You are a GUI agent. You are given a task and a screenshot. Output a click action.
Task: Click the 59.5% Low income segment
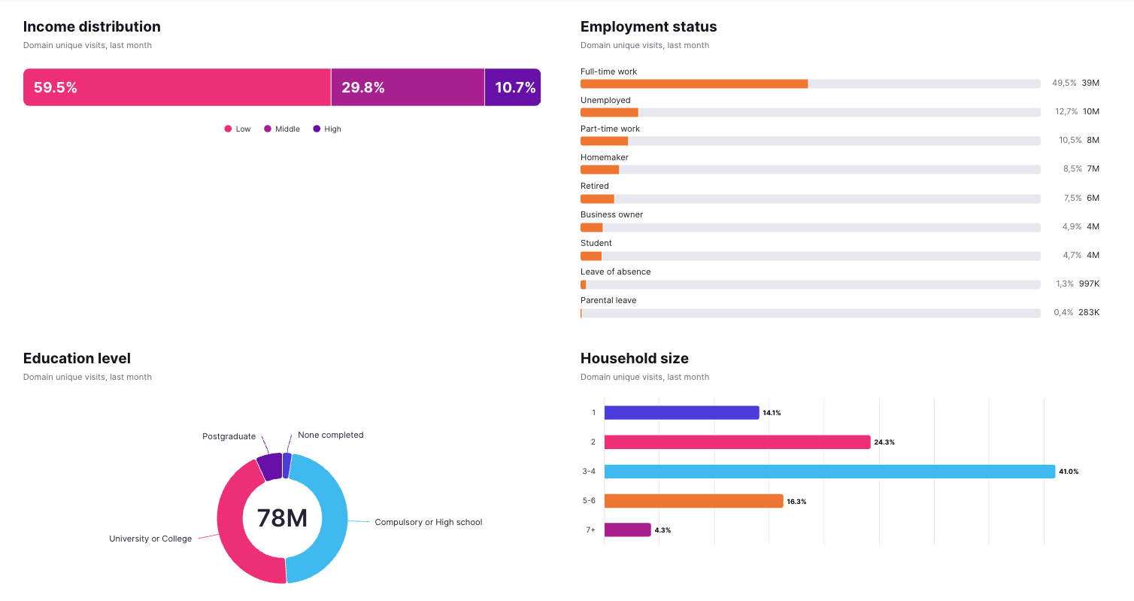(x=177, y=87)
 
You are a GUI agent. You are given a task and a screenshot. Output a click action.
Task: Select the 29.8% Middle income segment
(x=408, y=87)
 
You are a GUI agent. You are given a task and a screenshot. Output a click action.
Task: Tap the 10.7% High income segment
(x=513, y=87)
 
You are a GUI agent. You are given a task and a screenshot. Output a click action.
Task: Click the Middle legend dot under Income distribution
(x=268, y=129)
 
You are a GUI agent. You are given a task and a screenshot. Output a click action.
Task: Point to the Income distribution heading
(x=92, y=26)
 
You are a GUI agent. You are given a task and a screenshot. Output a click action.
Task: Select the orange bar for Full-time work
(x=694, y=83)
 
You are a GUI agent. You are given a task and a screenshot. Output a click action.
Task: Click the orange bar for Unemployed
(x=609, y=112)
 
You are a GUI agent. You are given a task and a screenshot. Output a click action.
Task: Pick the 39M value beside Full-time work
(x=1090, y=83)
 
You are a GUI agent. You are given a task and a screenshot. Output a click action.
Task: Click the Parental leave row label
(x=608, y=300)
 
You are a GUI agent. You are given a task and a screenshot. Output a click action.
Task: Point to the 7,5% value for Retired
(x=1072, y=198)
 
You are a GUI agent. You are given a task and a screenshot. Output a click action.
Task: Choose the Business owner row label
(x=611, y=214)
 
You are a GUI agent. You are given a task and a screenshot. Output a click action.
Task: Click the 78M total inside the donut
(x=282, y=518)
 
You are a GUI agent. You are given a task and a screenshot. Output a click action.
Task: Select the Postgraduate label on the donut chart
(x=229, y=436)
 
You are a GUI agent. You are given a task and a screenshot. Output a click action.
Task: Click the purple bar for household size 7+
(x=627, y=530)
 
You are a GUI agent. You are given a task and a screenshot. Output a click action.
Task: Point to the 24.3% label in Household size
(x=884, y=442)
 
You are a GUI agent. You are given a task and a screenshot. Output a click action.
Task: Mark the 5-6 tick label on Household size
(x=590, y=501)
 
